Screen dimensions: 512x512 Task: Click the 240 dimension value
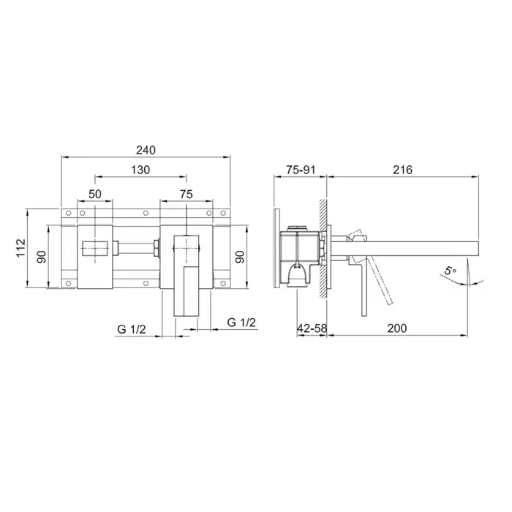coord(146,150)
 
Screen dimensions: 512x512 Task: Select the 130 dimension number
coord(140,170)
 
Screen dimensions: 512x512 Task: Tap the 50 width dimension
coord(94,194)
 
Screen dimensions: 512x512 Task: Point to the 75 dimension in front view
coord(186,194)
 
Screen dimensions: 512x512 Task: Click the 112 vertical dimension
coord(21,248)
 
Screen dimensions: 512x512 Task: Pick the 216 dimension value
coord(402,170)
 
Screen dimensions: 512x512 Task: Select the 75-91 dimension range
coord(301,170)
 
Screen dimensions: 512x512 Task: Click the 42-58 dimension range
coord(312,328)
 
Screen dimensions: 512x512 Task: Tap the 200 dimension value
coord(397,328)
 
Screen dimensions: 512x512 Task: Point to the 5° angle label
coord(451,271)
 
